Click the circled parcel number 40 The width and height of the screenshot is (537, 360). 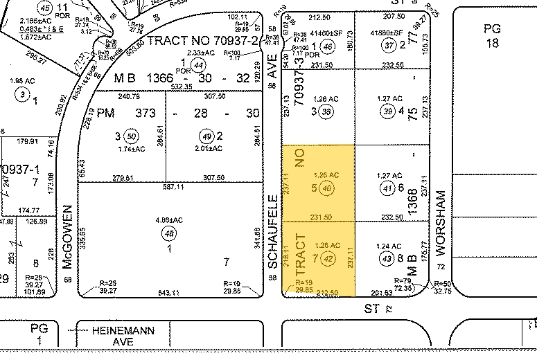tap(328, 187)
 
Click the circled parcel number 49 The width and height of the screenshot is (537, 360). tap(204, 136)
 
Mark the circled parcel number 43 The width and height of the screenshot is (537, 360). tap(388, 258)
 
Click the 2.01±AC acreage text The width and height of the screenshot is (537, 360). tap(208, 148)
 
